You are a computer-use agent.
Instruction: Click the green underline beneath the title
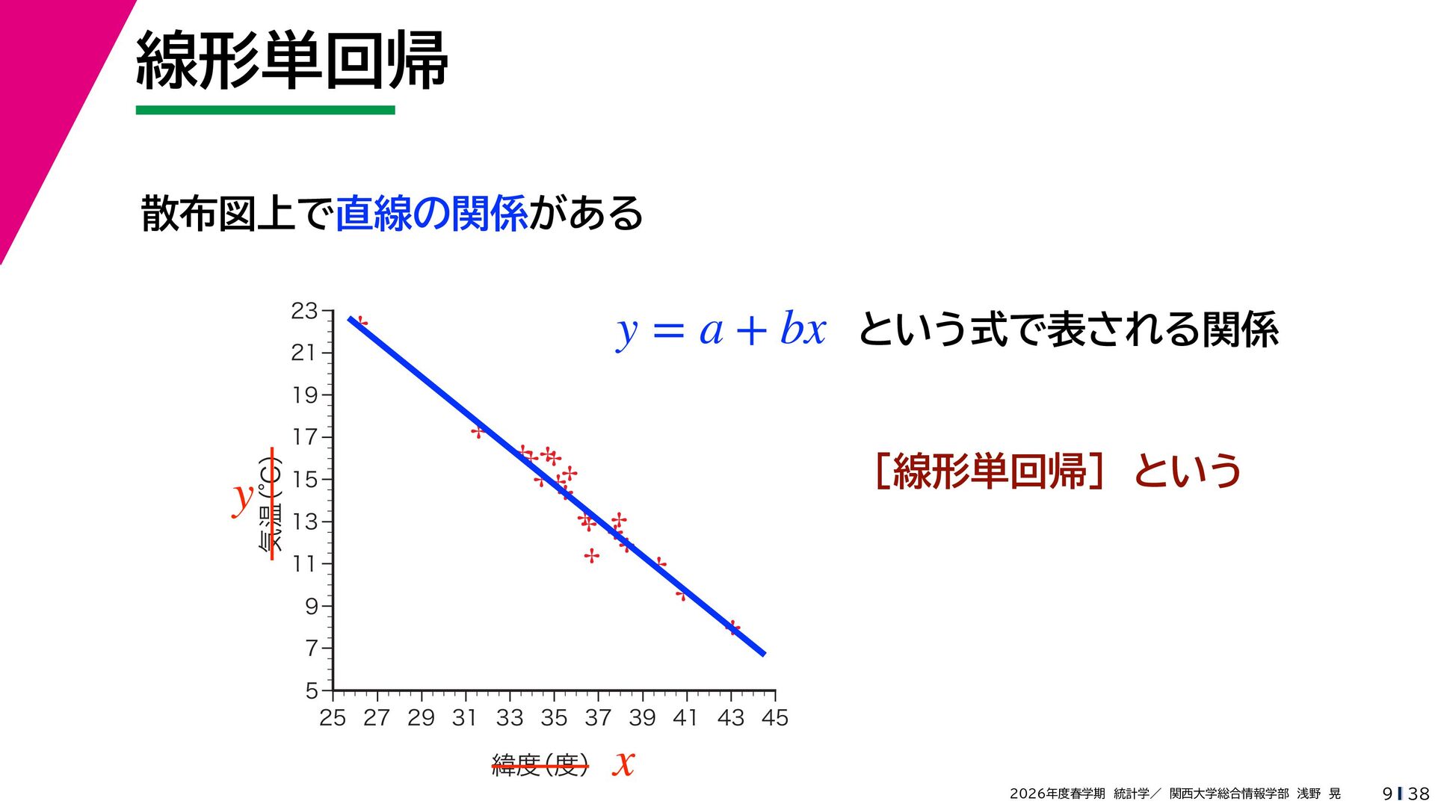click(x=265, y=110)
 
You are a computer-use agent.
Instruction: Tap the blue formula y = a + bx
click(x=721, y=330)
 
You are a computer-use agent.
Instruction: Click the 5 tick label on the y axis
click(x=312, y=690)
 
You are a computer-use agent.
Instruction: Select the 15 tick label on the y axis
click(x=305, y=479)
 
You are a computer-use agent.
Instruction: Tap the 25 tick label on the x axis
click(x=333, y=717)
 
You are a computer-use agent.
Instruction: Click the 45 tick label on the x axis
click(x=775, y=717)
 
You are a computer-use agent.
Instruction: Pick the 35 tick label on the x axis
click(x=554, y=717)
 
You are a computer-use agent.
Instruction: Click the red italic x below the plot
click(x=623, y=763)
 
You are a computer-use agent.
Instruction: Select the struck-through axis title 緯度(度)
click(x=540, y=765)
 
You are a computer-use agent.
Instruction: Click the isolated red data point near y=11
click(x=592, y=556)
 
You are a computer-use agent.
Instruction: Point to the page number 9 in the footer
click(x=1387, y=794)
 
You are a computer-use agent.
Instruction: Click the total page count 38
click(x=1419, y=794)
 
